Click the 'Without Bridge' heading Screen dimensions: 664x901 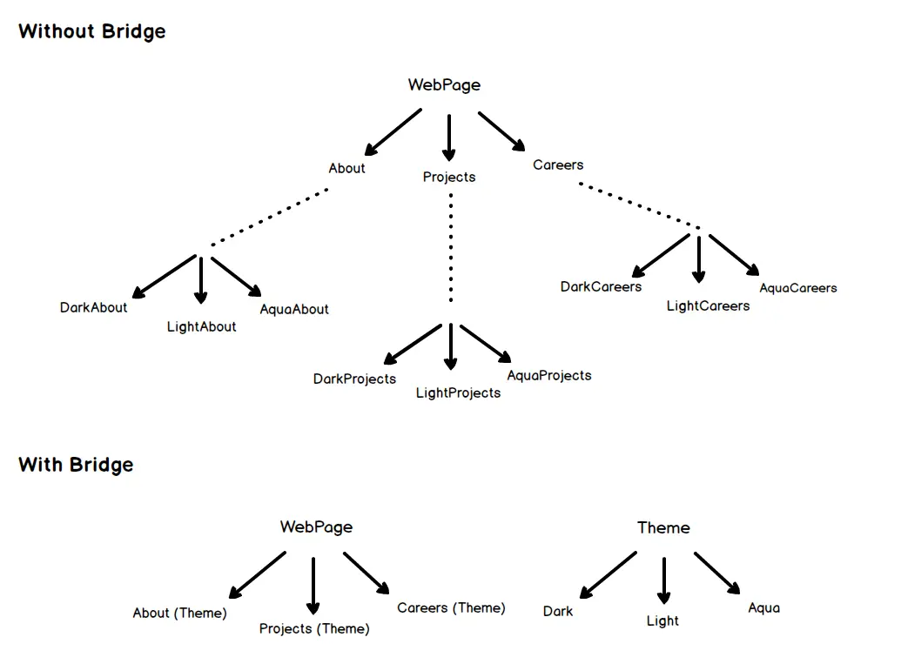(x=91, y=32)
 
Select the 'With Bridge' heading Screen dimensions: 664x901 (x=76, y=465)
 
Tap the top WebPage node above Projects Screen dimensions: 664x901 (x=444, y=85)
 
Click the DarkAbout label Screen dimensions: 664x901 (x=93, y=307)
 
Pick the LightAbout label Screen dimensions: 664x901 (x=201, y=327)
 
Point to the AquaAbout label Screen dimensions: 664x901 (x=294, y=309)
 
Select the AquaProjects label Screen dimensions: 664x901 (x=548, y=375)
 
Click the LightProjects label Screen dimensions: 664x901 (x=458, y=392)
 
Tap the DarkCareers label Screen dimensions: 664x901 (x=601, y=286)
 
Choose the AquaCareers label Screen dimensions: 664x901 (x=797, y=288)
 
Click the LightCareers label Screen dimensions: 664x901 (x=708, y=305)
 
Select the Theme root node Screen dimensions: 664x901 (x=663, y=527)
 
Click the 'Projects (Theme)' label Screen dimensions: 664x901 (x=314, y=628)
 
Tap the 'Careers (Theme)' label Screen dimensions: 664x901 (x=451, y=607)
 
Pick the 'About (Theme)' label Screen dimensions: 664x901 (x=179, y=613)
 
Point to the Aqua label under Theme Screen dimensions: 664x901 (x=763, y=607)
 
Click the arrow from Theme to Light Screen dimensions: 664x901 (x=663, y=580)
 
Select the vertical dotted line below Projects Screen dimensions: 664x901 (x=450, y=248)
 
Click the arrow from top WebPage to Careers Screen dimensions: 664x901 (x=501, y=131)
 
